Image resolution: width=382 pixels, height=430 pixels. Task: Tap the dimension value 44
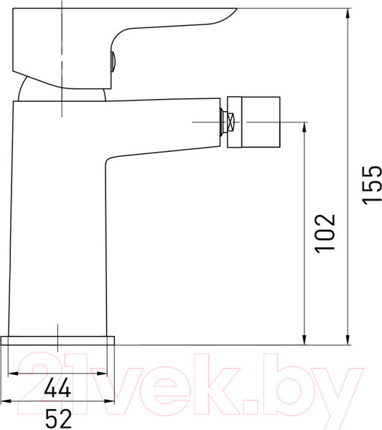57,388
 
